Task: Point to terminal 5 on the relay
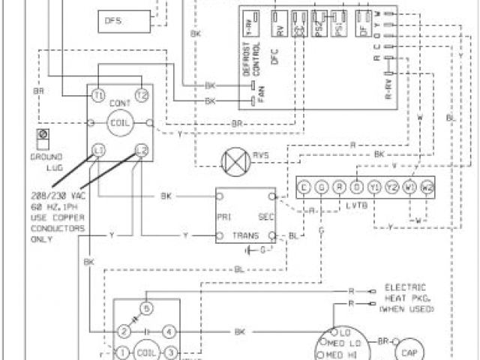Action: [147, 308]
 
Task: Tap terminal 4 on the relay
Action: [170, 330]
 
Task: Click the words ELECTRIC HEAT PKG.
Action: [405, 292]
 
